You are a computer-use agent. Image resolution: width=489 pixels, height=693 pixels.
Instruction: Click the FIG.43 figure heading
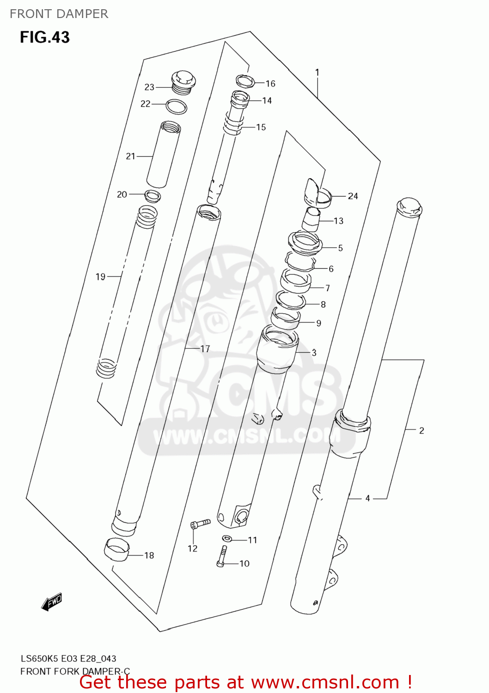44,37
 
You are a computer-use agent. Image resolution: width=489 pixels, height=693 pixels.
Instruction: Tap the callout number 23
149,87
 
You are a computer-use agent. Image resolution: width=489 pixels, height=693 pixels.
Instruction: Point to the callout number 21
131,156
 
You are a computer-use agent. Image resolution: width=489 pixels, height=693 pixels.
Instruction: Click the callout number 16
270,84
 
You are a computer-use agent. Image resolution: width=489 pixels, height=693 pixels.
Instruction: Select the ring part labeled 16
245,81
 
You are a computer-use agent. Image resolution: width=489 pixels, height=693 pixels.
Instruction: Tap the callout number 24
353,196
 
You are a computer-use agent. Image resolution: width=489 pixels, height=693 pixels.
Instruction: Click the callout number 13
338,221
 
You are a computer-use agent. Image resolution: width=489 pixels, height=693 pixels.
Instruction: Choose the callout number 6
331,268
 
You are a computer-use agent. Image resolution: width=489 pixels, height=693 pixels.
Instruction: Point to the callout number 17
205,349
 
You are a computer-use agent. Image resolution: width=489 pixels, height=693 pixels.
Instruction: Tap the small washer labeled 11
227,538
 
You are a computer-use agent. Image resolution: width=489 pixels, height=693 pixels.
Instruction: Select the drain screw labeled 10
222,556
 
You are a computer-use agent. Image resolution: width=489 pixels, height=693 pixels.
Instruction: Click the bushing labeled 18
116,549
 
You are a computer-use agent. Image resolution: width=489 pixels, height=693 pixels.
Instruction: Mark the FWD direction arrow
51,602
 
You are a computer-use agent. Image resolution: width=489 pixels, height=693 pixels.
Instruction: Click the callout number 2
421,430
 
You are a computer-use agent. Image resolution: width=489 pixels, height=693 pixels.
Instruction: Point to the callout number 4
367,498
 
